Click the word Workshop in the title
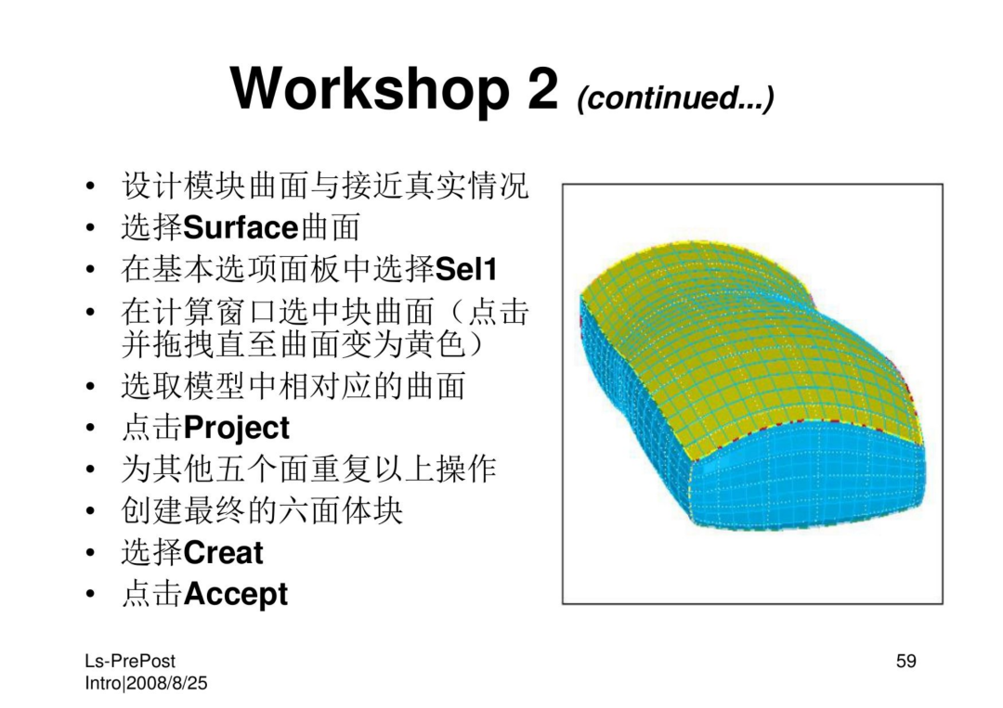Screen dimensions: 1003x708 point(370,88)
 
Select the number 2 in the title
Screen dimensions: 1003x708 point(543,87)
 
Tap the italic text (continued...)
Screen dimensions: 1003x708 point(675,97)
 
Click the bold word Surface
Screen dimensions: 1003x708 point(241,228)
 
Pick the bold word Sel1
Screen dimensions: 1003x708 point(465,269)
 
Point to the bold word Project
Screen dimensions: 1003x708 point(236,428)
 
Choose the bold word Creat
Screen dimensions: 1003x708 point(223,553)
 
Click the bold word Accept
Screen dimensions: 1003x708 point(235,594)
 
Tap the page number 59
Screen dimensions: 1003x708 point(906,661)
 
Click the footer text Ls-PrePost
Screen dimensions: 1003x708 point(130,662)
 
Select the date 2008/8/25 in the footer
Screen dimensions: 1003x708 point(167,683)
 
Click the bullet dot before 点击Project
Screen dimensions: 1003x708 point(90,428)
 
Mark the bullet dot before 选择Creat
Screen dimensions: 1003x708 point(90,553)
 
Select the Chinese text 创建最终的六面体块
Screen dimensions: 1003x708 point(262,511)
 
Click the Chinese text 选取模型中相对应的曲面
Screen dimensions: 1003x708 point(293,387)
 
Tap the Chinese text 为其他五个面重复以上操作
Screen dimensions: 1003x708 point(309,470)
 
